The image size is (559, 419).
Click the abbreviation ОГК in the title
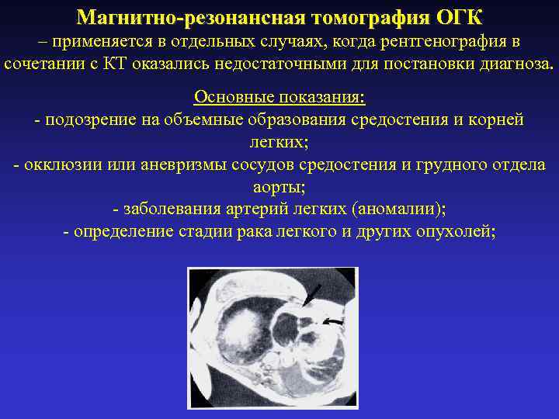click(453, 16)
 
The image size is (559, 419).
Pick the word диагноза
click(512, 63)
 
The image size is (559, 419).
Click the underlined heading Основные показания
click(279, 97)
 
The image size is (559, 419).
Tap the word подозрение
click(90, 120)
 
